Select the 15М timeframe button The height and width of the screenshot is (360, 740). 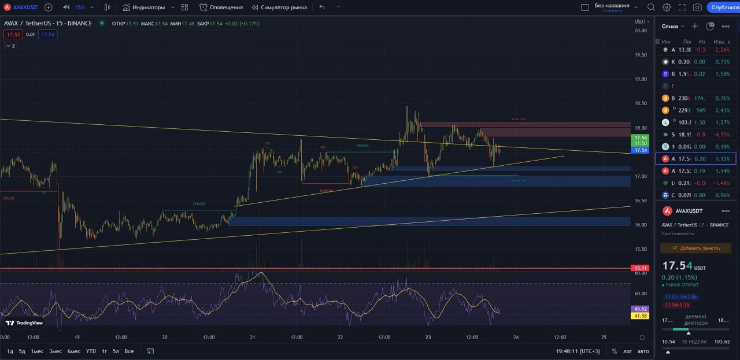pos(79,8)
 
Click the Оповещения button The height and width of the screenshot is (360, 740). pos(221,8)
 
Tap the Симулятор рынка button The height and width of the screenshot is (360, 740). pos(279,8)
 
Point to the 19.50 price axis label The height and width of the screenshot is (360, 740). pos(640,55)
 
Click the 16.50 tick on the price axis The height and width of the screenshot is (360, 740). pos(640,201)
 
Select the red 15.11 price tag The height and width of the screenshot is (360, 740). pos(641,268)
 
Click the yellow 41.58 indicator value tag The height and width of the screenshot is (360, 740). pos(641,316)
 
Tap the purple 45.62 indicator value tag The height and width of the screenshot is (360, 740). pos(641,309)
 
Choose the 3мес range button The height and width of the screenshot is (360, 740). pos(55,351)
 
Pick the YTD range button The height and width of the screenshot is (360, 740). pos(91,351)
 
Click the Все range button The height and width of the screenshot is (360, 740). pos(129,351)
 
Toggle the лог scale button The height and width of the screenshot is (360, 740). pos(627,351)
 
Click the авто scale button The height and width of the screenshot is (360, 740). pos(643,351)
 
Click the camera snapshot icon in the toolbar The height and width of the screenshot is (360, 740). pos(697,8)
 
